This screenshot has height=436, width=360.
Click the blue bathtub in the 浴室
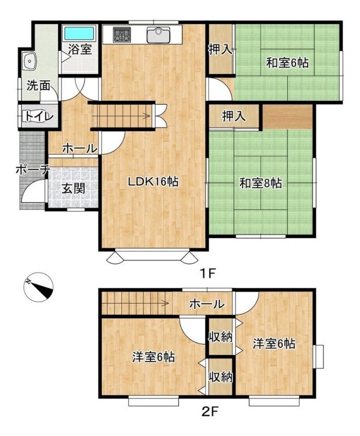[x=79, y=33]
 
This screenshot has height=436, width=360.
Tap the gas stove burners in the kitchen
[x=122, y=35]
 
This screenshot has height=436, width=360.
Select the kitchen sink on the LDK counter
[x=158, y=35]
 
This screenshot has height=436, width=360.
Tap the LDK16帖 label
[x=153, y=182]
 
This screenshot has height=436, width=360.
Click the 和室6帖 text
[x=287, y=63]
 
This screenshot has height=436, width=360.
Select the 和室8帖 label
[x=261, y=183]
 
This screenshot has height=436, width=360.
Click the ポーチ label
[x=33, y=169]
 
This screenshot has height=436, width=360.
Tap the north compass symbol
[x=38, y=287]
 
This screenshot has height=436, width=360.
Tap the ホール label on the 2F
[x=207, y=304]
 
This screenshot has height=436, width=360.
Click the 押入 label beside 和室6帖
[x=220, y=50]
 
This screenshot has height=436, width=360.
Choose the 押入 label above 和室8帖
[x=234, y=116]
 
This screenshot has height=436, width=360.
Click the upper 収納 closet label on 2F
[x=220, y=337]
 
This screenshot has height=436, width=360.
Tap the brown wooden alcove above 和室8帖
[x=287, y=117]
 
